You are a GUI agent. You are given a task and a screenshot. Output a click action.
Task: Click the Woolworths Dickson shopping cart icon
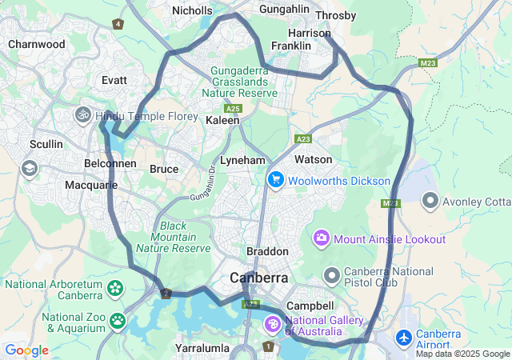click(x=276, y=179)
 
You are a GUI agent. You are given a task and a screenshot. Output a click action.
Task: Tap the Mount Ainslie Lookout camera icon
click(x=322, y=238)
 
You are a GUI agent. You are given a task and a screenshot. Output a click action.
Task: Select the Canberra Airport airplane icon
click(x=404, y=338)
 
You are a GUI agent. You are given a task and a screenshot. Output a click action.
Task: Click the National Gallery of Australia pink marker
click(x=272, y=325)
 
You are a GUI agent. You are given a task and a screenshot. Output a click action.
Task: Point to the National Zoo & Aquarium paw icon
click(x=118, y=321)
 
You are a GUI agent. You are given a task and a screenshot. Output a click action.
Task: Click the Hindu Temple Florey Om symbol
click(x=83, y=116)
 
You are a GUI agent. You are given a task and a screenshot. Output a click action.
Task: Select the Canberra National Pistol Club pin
click(x=332, y=275)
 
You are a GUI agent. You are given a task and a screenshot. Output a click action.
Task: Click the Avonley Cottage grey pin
click(x=430, y=199)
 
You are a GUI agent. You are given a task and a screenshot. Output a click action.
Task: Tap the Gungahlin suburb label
click(x=284, y=10)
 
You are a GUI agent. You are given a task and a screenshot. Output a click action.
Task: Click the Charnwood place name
click(x=37, y=45)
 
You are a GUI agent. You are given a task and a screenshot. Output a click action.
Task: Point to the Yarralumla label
click(x=202, y=349)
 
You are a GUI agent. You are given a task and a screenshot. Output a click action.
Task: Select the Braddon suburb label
click(x=267, y=251)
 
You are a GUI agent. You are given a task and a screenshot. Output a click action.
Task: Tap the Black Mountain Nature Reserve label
click(x=184, y=237)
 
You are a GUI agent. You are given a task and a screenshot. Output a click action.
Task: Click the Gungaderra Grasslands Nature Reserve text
click(x=243, y=82)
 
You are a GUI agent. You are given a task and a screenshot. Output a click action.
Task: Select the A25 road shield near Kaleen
click(x=233, y=108)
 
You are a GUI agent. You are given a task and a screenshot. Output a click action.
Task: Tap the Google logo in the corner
click(x=26, y=350)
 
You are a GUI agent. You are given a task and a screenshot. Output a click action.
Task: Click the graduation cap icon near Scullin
click(x=30, y=168)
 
